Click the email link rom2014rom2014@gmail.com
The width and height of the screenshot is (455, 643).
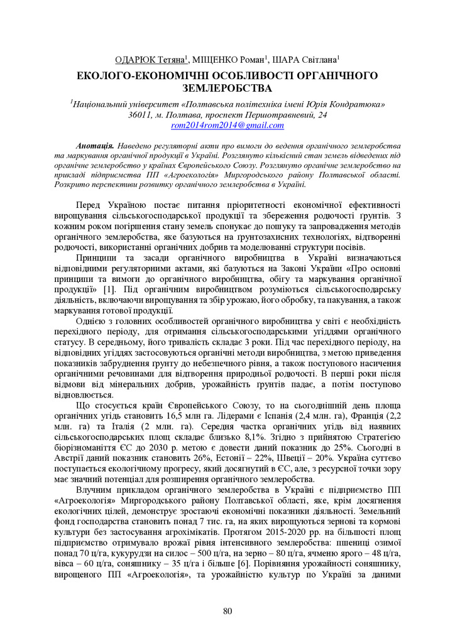point(227,125)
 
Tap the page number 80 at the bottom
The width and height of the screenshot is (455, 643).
point(227,612)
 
